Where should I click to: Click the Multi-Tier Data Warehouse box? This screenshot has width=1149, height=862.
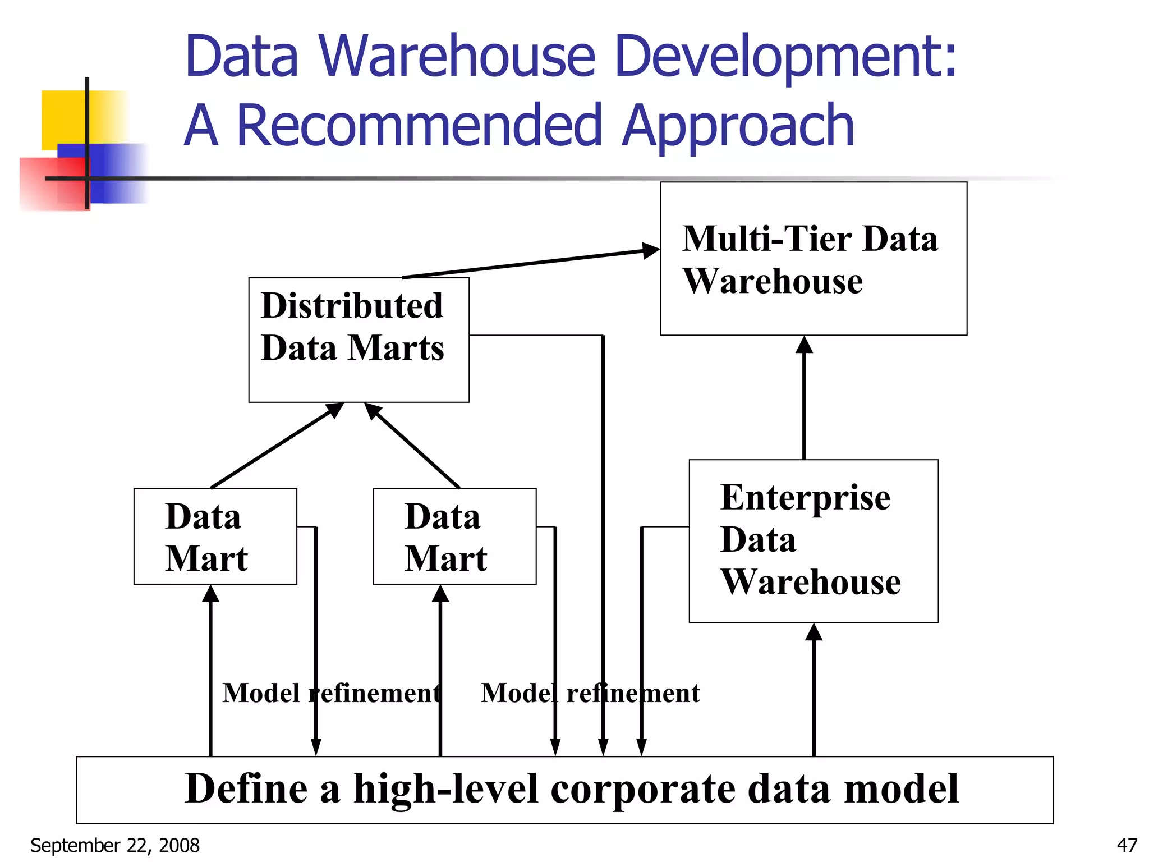tap(814, 259)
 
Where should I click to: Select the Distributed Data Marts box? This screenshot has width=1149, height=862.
tap(359, 340)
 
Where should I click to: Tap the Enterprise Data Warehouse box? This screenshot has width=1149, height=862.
tap(814, 541)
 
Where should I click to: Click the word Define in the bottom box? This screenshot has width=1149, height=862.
tap(246, 788)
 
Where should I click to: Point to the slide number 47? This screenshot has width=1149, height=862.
tap(1127, 845)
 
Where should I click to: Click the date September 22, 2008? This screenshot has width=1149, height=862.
tap(115, 845)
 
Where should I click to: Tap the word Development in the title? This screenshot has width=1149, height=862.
tap(785, 56)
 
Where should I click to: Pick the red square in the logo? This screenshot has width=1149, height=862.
tap(53, 182)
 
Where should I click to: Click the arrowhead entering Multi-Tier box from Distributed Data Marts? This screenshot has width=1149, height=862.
tap(651, 250)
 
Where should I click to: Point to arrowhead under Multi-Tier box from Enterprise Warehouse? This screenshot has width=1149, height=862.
tap(804, 345)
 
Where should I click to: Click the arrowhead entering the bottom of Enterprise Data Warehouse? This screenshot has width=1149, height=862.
tap(814, 632)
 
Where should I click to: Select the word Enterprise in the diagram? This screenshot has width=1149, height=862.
tap(805, 497)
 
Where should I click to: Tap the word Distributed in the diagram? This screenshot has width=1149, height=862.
tap(352, 306)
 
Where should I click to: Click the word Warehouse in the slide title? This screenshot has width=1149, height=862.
tap(457, 56)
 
